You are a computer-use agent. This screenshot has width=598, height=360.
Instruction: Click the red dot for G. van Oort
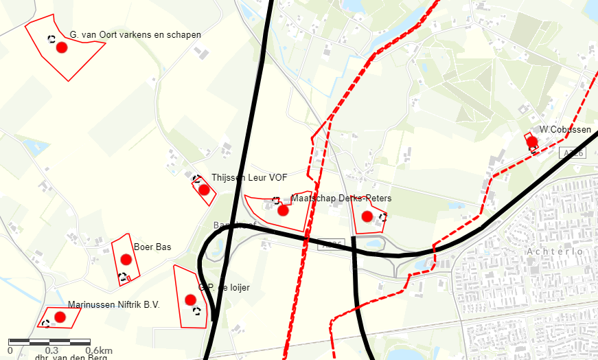pyautogui.click(x=61, y=47)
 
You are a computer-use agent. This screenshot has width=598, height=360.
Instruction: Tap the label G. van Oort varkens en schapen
pyautogui.click(x=135, y=35)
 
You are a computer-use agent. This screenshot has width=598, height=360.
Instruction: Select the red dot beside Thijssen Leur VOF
pyautogui.click(x=203, y=190)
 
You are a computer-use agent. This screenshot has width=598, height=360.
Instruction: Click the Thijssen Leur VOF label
pyautogui.click(x=249, y=177)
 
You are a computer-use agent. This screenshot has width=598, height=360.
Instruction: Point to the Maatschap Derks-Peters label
pyautogui.click(x=341, y=199)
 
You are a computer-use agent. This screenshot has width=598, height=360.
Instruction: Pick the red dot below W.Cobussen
pyautogui.click(x=531, y=142)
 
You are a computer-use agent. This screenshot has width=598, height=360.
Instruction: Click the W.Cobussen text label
pyautogui.click(x=565, y=129)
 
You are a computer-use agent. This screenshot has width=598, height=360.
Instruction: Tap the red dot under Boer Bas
pyautogui.click(x=126, y=259)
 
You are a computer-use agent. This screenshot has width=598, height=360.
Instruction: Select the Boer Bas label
pyautogui.click(x=152, y=247)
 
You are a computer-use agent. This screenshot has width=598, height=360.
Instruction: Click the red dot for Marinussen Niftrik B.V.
pyautogui.click(x=60, y=317)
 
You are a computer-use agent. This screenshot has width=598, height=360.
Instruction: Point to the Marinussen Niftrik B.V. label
pyautogui.click(x=113, y=304)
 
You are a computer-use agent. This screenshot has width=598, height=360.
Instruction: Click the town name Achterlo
pyautogui.click(x=555, y=252)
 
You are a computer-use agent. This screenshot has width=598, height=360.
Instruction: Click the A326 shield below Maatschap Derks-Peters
pyautogui.click(x=331, y=244)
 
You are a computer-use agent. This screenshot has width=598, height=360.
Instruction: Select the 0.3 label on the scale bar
pyautogui.click(x=51, y=350)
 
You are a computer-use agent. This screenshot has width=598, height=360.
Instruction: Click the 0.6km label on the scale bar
pyautogui.click(x=99, y=350)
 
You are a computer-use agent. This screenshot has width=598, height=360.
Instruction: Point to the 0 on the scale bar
pyautogui.click(x=10, y=350)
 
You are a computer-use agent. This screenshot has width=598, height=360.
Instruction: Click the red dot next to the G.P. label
pyautogui.click(x=190, y=300)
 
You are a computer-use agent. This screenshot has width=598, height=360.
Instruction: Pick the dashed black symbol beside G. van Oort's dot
pyautogui.click(x=51, y=39)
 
